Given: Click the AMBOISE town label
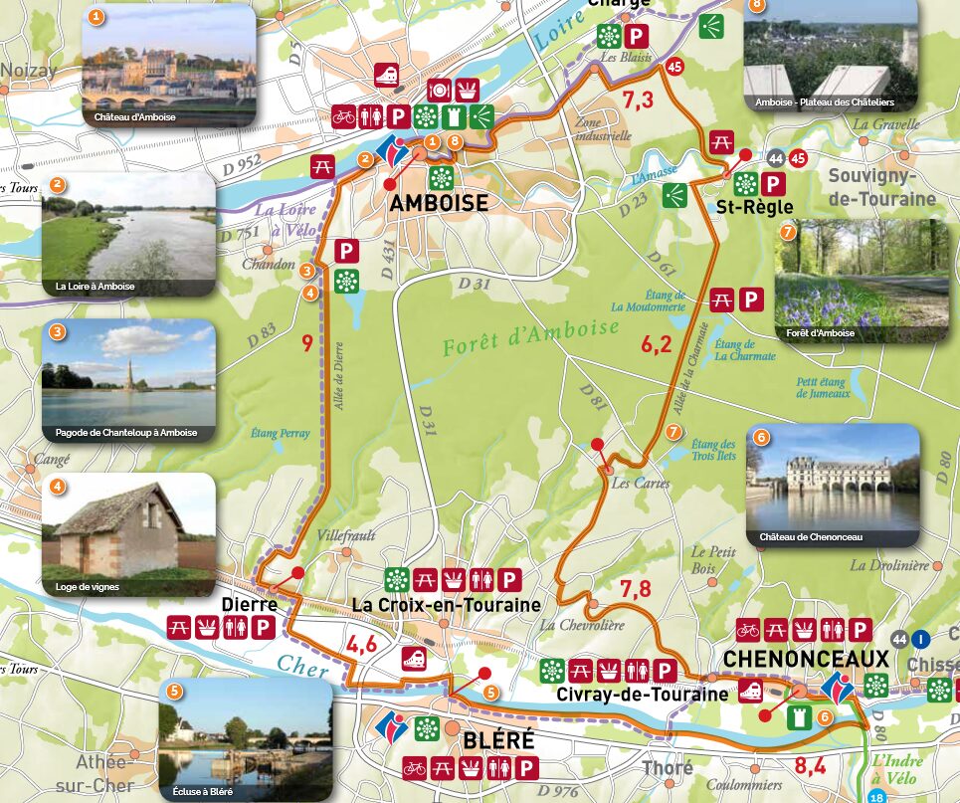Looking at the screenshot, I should tap(440, 204).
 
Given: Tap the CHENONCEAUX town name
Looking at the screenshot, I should tap(806, 659).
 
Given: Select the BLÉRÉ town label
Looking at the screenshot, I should tap(498, 740).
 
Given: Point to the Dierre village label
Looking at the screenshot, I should tap(248, 603).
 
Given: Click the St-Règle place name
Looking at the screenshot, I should tap(754, 207).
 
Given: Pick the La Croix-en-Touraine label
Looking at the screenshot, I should tap(447, 605).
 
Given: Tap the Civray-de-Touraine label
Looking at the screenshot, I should tap(643, 695).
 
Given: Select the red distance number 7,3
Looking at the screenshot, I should tap(638, 100).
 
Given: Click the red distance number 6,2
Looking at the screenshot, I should tap(657, 345).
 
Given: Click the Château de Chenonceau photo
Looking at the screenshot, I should tap(833, 485).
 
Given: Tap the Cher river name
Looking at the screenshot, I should tap(302, 666).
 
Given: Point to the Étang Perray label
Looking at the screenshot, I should tap(282, 434).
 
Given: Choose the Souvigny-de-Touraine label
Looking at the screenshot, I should tap(883, 187).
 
